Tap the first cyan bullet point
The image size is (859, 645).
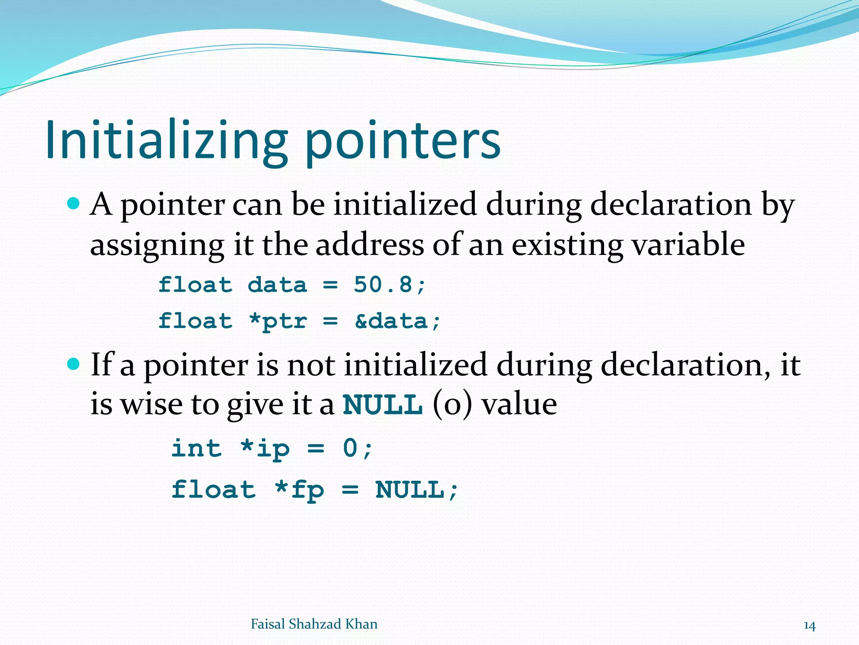(73, 204)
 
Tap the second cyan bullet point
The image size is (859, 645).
(73, 364)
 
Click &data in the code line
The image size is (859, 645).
(391, 321)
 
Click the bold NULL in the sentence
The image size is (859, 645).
(383, 404)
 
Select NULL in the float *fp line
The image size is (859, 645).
(410, 490)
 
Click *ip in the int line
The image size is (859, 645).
(265, 448)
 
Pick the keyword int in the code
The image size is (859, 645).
(196, 448)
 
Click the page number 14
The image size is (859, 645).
(810, 626)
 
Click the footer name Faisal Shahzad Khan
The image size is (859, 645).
(314, 624)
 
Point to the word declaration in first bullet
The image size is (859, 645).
(671, 205)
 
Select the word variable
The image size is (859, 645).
(688, 245)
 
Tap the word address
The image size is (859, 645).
(370, 245)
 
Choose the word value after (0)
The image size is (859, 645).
(519, 404)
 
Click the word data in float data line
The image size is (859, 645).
(277, 285)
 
